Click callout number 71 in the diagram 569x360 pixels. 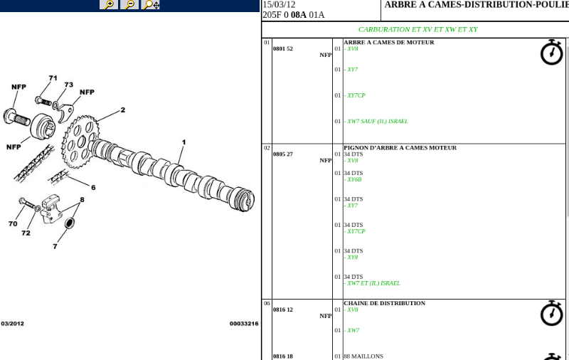pyautogui.click(x=53, y=78)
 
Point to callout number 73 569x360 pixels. pyautogui.click(x=69, y=85)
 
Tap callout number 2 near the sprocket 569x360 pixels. pyautogui.click(x=123, y=110)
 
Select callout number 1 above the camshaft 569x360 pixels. pyautogui.click(x=184, y=142)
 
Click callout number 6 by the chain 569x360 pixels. pyautogui.click(x=93, y=187)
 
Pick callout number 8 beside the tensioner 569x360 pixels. pyautogui.click(x=82, y=199)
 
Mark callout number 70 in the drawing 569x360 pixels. pyautogui.click(x=13, y=223)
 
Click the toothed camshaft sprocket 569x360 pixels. pyautogui.click(x=80, y=142)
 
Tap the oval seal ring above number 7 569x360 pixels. pyautogui.click(x=70, y=223)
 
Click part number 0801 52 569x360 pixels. pyautogui.click(x=283, y=48)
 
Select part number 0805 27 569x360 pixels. pyautogui.click(x=283, y=154)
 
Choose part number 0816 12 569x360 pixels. pyautogui.click(x=283, y=309)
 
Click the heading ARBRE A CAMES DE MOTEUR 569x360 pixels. pyautogui.click(x=389, y=42)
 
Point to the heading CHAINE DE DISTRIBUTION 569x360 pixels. pyautogui.click(x=385, y=303)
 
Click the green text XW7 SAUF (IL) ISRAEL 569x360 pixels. pyautogui.click(x=378, y=121)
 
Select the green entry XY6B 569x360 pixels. pyautogui.click(x=354, y=179)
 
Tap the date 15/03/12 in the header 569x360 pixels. pyautogui.click(x=279, y=5)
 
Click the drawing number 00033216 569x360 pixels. pyautogui.click(x=244, y=323)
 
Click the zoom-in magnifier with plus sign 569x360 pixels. pyautogui.click(x=109, y=4)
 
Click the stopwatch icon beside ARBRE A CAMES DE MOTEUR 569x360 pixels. pyautogui.click(x=552, y=52)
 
